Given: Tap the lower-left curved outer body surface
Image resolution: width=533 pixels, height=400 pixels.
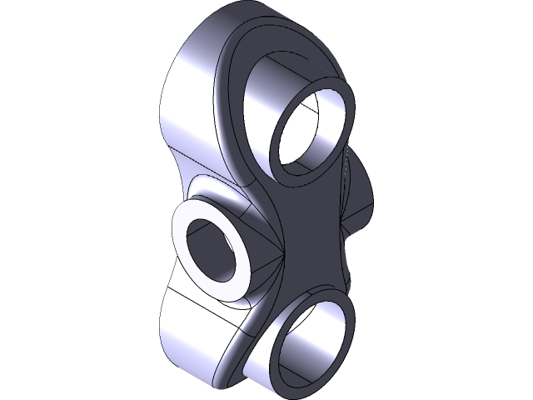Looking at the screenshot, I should point(187,333).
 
